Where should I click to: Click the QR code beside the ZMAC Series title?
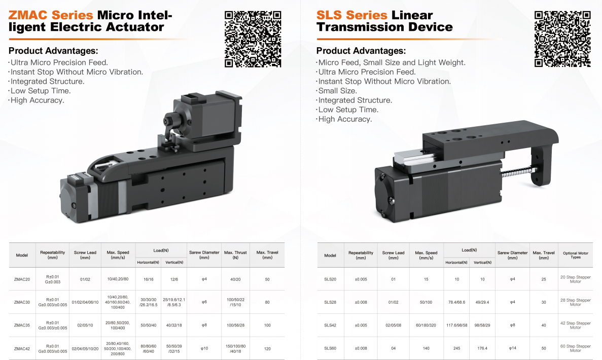click(253, 39)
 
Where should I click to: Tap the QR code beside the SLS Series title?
click(562, 39)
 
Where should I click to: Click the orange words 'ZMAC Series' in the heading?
click(51, 15)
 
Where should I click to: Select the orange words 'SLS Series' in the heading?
click(351, 15)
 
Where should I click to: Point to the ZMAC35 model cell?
click(22, 325)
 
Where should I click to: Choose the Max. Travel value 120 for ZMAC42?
click(267, 349)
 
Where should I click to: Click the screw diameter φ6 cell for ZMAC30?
click(204, 302)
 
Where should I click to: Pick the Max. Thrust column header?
click(235, 255)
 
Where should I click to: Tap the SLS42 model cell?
click(330, 325)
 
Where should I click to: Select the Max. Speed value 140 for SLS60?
click(426, 348)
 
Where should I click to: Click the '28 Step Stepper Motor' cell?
click(576, 302)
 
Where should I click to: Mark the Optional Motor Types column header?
click(576, 255)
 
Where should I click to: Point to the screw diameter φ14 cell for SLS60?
click(513, 348)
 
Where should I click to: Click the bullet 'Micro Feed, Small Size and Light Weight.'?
click(392, 62)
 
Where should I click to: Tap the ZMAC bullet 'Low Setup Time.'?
click(40, 91)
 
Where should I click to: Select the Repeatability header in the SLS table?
click(361, 255)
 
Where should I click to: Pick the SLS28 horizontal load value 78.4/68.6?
click(456, 302)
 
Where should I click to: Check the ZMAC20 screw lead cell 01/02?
click(85, 279)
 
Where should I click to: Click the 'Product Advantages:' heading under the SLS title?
click(361, 51)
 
